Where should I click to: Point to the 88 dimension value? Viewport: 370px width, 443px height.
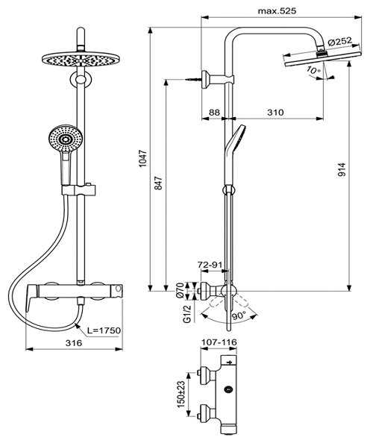click(x=214, y=112)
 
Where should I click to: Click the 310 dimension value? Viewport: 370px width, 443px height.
click(x=276, y=112)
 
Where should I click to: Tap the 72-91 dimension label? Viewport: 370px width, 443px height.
click(x=211, y=266)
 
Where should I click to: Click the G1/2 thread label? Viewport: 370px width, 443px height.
click(x=179, y=307)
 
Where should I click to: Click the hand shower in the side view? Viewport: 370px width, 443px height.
click(x=232, y=142)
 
